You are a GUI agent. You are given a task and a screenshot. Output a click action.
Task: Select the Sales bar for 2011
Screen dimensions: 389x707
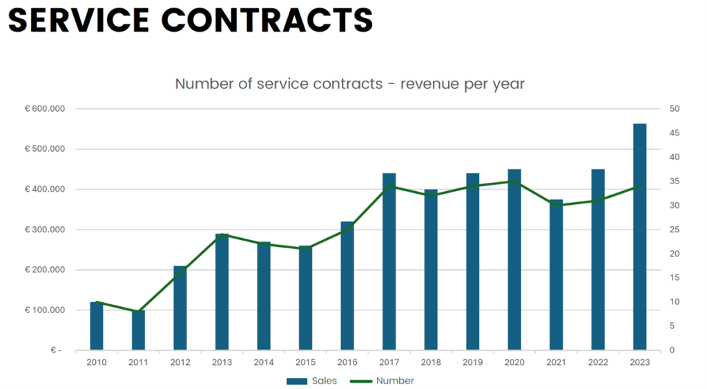pyautogui.click(x=138, y=330)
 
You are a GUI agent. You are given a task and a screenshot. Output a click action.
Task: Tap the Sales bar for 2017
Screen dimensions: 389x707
pyautogui.click(x=389, y=261)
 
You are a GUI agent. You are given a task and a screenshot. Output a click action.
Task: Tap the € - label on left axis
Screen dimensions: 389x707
pyautogui.click(x=55, y=350)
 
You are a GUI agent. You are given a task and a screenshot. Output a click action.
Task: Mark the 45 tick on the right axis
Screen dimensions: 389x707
pyautogui.click(x=674, y=133)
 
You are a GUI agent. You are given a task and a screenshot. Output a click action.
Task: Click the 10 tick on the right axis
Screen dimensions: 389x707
pyautogui.click(x=674, y=302)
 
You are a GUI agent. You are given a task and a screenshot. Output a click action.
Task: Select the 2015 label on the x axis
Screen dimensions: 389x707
pyautogui.click(x=305, y=361)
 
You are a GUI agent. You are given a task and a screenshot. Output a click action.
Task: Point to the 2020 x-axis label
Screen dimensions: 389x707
pyautogui.click(x=514, y=361)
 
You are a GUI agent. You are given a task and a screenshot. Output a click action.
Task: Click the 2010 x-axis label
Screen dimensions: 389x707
pyautogui.click(x=97, y=361)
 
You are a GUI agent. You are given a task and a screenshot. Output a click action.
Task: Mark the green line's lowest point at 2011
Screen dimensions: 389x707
pyautogui.click(x=138, y=312)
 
